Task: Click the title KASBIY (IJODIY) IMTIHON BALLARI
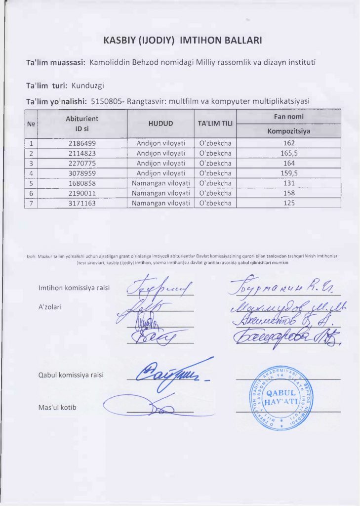point(182,41)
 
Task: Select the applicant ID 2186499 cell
point(82,143)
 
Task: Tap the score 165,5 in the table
point(289,153)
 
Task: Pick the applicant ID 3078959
point(82,173)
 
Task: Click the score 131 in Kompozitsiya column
point(289,183)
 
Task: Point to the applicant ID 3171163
point(82,203)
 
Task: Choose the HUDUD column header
point(161,124)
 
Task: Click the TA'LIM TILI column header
point(215,124)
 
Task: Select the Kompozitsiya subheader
point(289,131)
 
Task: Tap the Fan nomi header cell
point(289,117)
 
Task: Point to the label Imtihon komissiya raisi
point(74,288)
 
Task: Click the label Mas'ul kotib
point(57,407)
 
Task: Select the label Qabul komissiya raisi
point(71,375)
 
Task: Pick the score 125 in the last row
point(289,203)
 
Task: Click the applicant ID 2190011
point(82,193)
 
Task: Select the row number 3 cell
point(31,163)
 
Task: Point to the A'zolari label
point(50,307)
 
